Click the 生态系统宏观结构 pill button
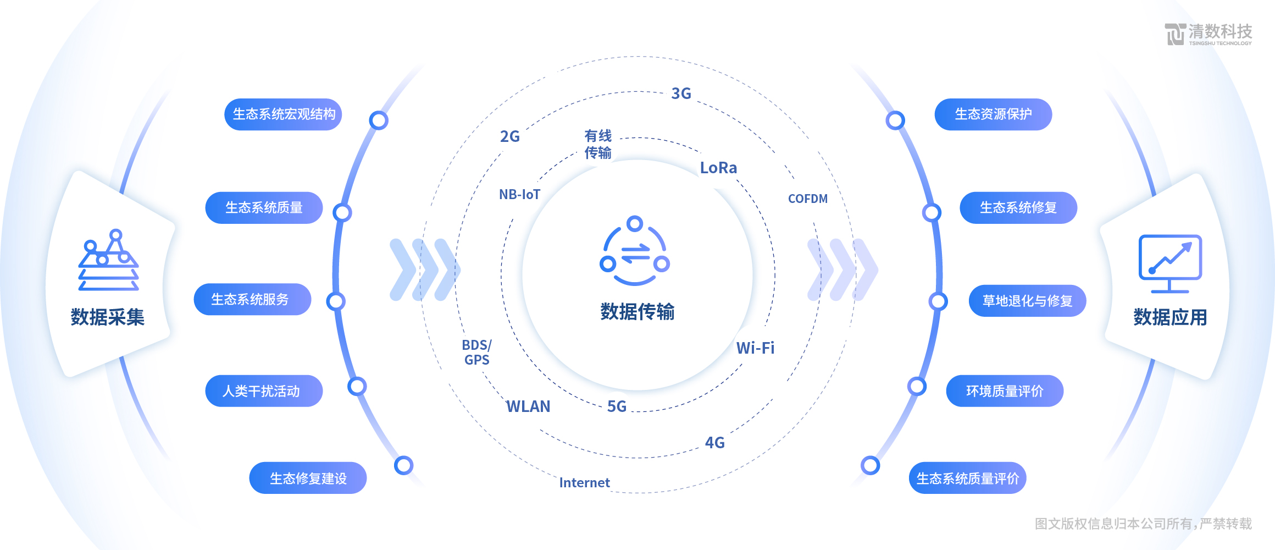coord(283,114)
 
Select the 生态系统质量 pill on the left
coord(264,208)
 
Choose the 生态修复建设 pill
coord(308,478)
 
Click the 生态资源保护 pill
coord(993,114)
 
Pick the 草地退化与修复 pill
coord(1027,301)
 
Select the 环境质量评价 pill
coord(1005,391)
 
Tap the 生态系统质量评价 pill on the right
coord(967,478)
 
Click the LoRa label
coord(718,168)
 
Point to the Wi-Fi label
coord(755,348)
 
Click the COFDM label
coord(807,199)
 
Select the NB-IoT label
coord(519,195)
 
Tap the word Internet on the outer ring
coord(584,483)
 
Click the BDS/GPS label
coord(476,353)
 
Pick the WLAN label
coord(528,406)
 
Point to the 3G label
coord(681,94)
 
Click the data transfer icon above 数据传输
coord(635,251)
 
